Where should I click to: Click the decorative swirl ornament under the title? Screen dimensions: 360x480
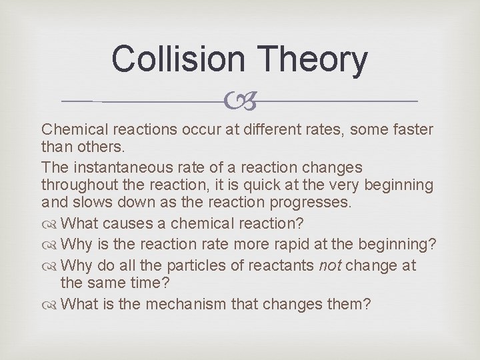[x=241, y=101]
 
